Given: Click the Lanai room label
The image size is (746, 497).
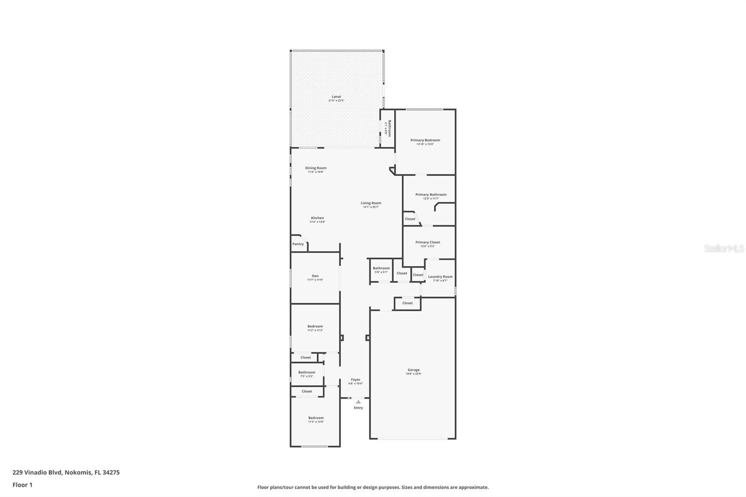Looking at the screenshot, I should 336,97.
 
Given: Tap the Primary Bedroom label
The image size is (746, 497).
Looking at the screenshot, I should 425,140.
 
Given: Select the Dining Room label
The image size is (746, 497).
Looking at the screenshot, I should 316,168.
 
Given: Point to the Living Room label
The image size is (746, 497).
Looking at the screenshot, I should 371,203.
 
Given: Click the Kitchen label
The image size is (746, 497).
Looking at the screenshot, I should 317,218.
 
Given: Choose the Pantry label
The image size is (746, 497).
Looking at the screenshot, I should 297,244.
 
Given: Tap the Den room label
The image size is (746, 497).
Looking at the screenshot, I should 315,276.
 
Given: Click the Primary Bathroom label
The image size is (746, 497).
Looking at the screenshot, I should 431,195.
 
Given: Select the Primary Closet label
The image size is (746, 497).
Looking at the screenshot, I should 428,242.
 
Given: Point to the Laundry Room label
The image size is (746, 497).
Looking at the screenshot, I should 440,277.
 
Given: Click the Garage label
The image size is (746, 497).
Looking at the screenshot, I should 413,370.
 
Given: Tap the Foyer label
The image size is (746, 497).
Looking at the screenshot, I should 355,380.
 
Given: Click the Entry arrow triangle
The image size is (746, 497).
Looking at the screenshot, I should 358,401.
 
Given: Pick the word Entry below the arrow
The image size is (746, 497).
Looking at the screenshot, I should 358,408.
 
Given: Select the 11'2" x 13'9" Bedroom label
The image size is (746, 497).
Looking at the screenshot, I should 316,418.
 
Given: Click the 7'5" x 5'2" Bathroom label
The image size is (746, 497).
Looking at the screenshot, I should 307,373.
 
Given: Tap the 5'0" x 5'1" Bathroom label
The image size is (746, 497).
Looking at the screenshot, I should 381,269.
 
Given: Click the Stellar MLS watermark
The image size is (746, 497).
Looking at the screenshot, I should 724,248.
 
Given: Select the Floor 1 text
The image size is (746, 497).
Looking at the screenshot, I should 22,485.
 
